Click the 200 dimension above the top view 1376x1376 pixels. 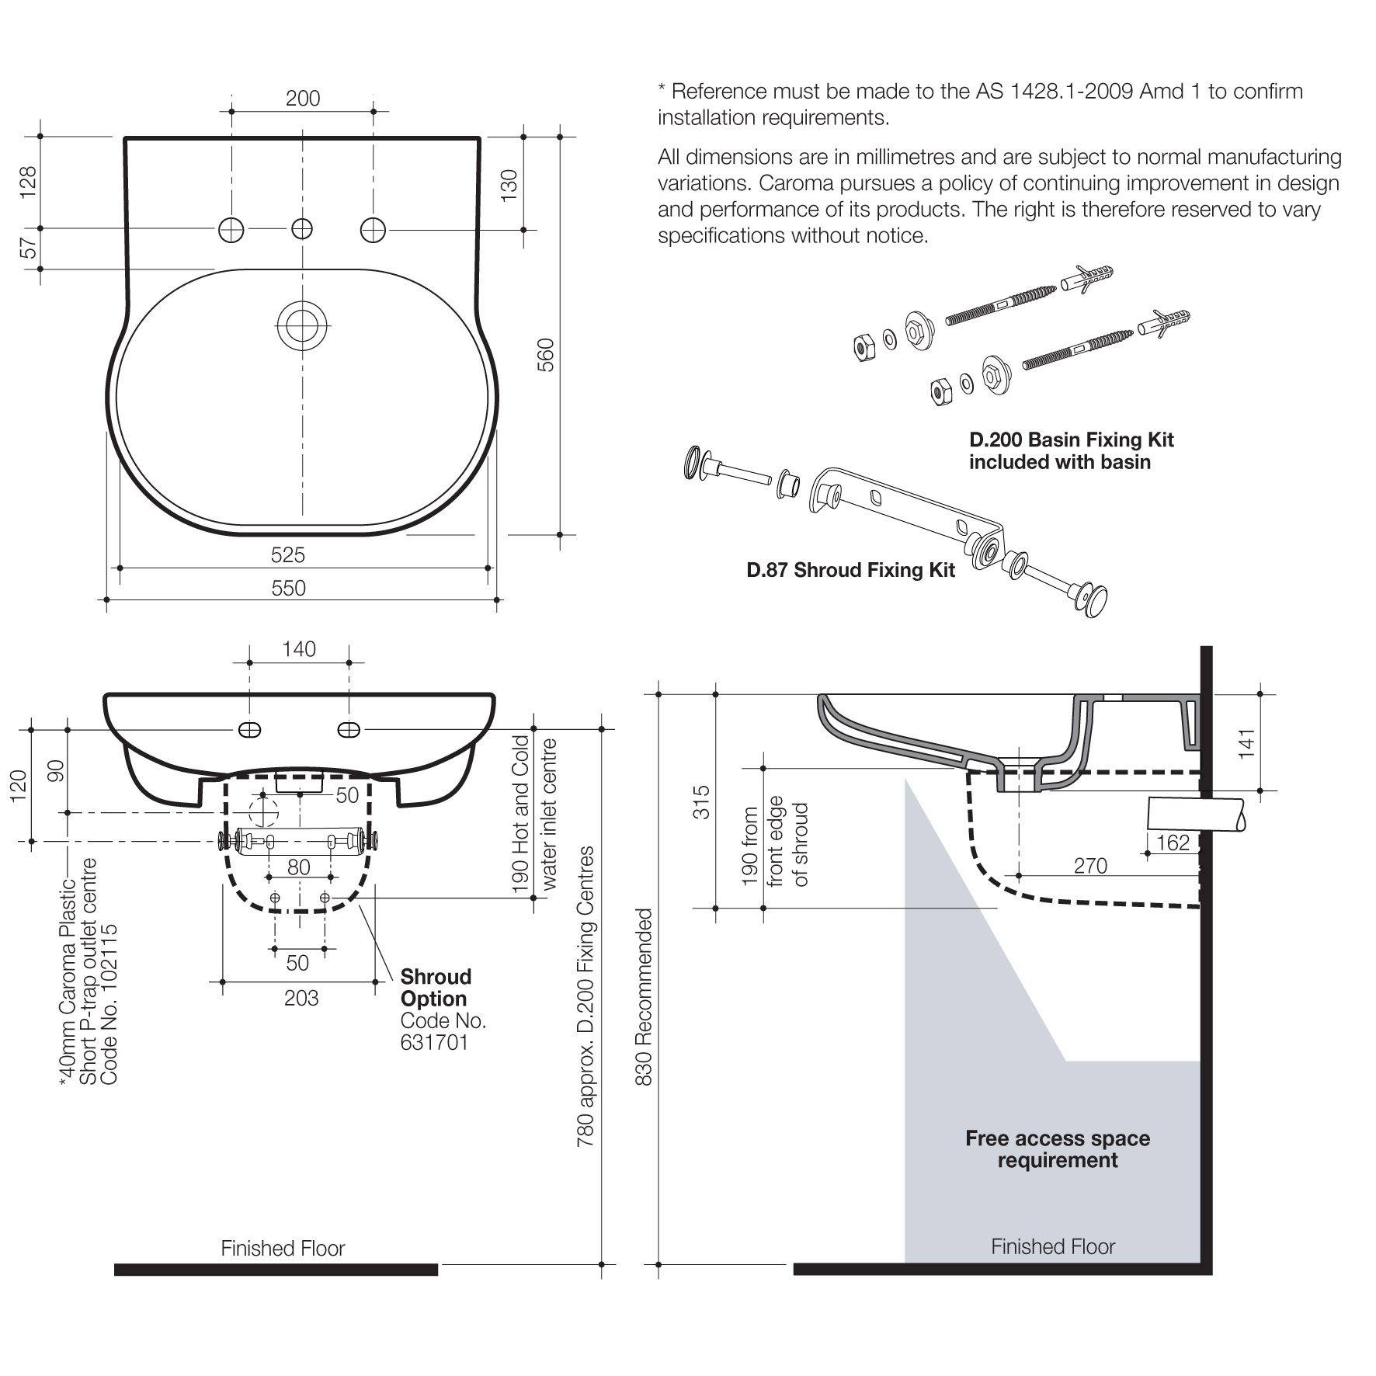click(x=303, y=99)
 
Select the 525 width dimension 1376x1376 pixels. click(x=288, y=554)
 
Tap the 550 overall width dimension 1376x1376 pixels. click(x=289, y=588)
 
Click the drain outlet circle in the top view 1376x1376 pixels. click(x=302, y=326)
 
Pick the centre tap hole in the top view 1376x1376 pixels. click(x=302, y=229)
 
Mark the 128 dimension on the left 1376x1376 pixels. click(x=28, y=182)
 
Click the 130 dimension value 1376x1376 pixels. click(x=509, y=186)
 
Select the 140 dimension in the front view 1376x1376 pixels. click(x=299, y=649)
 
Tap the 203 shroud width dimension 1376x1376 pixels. click(x=301, y=998)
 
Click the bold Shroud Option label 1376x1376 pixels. click(x=435, y=988)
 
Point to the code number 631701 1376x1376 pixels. click(x=435, y=1042)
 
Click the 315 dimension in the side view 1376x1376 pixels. click(x=701, y=801)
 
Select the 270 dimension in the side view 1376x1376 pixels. click(x=1090, y=866)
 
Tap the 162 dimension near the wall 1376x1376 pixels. click(x=1173, y=843)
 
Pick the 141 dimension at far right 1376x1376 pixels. click(x=1246, y=743)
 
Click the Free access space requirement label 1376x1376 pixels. click(x=1058, y=1149)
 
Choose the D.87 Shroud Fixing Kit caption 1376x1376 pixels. click(x=850, y=570)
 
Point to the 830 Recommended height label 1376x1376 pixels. click(x=645, y=997)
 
